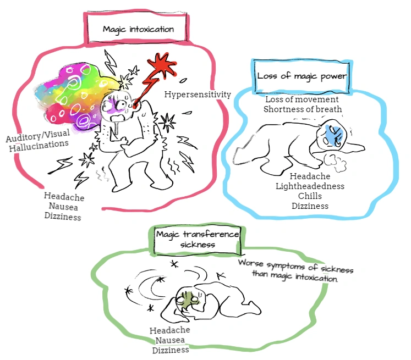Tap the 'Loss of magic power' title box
point(302,76)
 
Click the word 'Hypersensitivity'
point(198,95)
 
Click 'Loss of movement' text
point(302,99)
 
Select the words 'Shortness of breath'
point(302,109)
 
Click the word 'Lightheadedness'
point(310,186)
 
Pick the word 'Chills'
point(310,196)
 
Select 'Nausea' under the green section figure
point(170,340)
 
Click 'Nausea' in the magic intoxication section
point(62,206)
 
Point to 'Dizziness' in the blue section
point(310,206)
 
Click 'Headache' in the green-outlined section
point(170,330)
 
